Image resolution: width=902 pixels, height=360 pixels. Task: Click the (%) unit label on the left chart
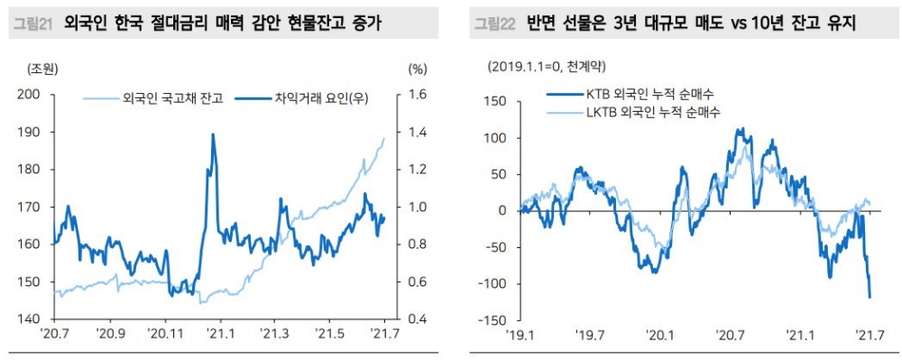[x=417, y=68]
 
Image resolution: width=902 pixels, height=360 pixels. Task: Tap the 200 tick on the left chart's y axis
[x=31, y=94]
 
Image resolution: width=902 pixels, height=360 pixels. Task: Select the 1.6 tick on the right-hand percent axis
[x=417, y=94]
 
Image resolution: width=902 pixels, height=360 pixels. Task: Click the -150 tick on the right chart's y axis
[x=495, y=319]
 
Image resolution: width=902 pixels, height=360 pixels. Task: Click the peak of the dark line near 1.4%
[x=213, y=134]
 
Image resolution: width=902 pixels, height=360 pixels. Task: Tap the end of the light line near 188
[x=383, y=139]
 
